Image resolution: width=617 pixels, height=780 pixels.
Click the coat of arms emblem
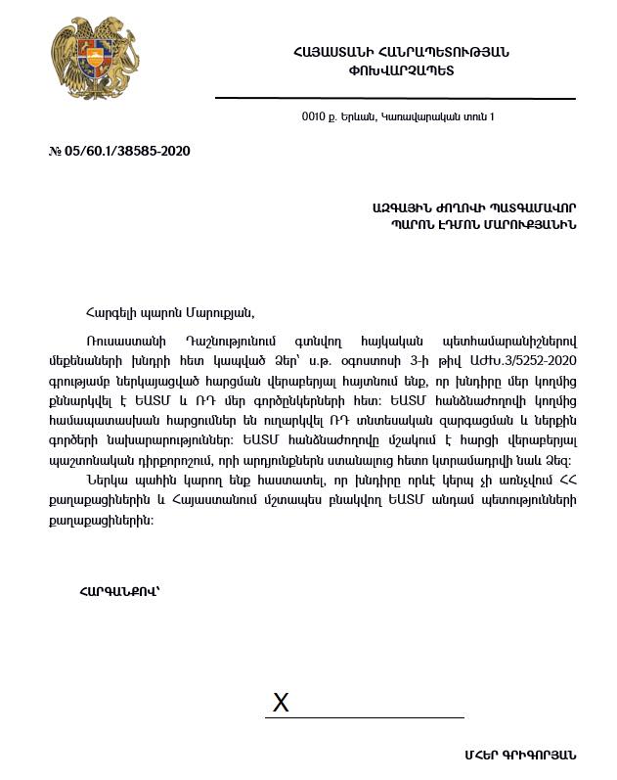tap(95, 65)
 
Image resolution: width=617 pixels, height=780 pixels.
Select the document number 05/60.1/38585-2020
tap(126, 152)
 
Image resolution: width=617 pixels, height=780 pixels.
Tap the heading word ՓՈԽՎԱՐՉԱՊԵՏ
tap(401, 70)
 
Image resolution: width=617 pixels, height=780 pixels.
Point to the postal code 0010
tap(313, 117)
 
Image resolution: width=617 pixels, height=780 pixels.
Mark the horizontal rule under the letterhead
tap(395, 99)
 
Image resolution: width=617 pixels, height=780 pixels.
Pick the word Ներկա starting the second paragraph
tap(106, 481)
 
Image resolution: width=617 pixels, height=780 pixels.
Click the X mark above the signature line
tap(281, 703)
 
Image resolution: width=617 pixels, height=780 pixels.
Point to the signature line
tap(364, 717)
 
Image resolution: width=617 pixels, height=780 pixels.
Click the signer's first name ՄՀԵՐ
tap(482, 755)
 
